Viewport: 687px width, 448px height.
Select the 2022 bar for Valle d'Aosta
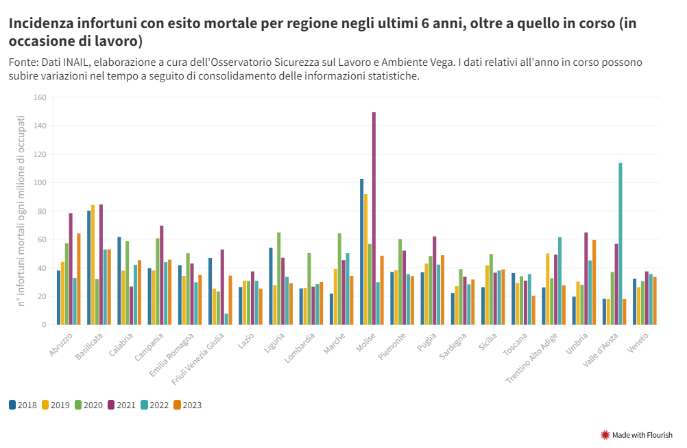tap(620, 244)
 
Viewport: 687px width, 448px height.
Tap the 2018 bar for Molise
tap(361, 252)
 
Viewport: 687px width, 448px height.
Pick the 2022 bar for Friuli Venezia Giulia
tap(226, 319)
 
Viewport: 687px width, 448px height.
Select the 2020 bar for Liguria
tap(278, 279)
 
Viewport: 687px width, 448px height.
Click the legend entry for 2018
tap(23, 405)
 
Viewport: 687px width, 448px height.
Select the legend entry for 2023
tap(186, 405)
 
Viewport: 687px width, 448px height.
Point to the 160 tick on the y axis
tap(39, 98)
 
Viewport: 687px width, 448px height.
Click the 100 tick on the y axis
tap(39, 183)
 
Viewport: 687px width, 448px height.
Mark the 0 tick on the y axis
tap(43, 325)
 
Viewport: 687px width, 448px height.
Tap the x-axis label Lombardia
tap(302, 347)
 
